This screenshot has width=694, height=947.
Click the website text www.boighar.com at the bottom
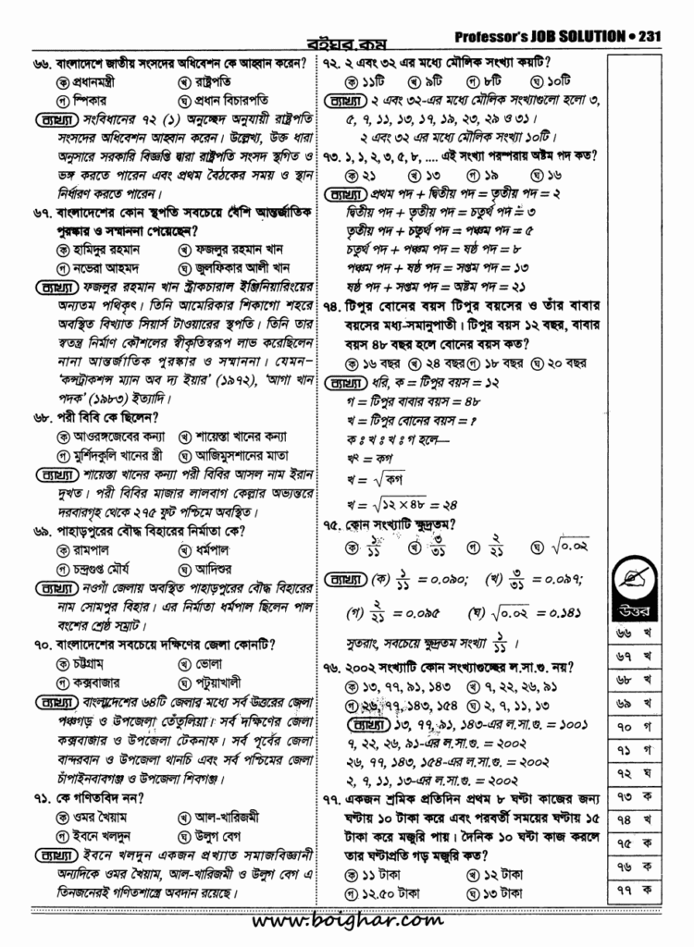(x=347, y=921)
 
